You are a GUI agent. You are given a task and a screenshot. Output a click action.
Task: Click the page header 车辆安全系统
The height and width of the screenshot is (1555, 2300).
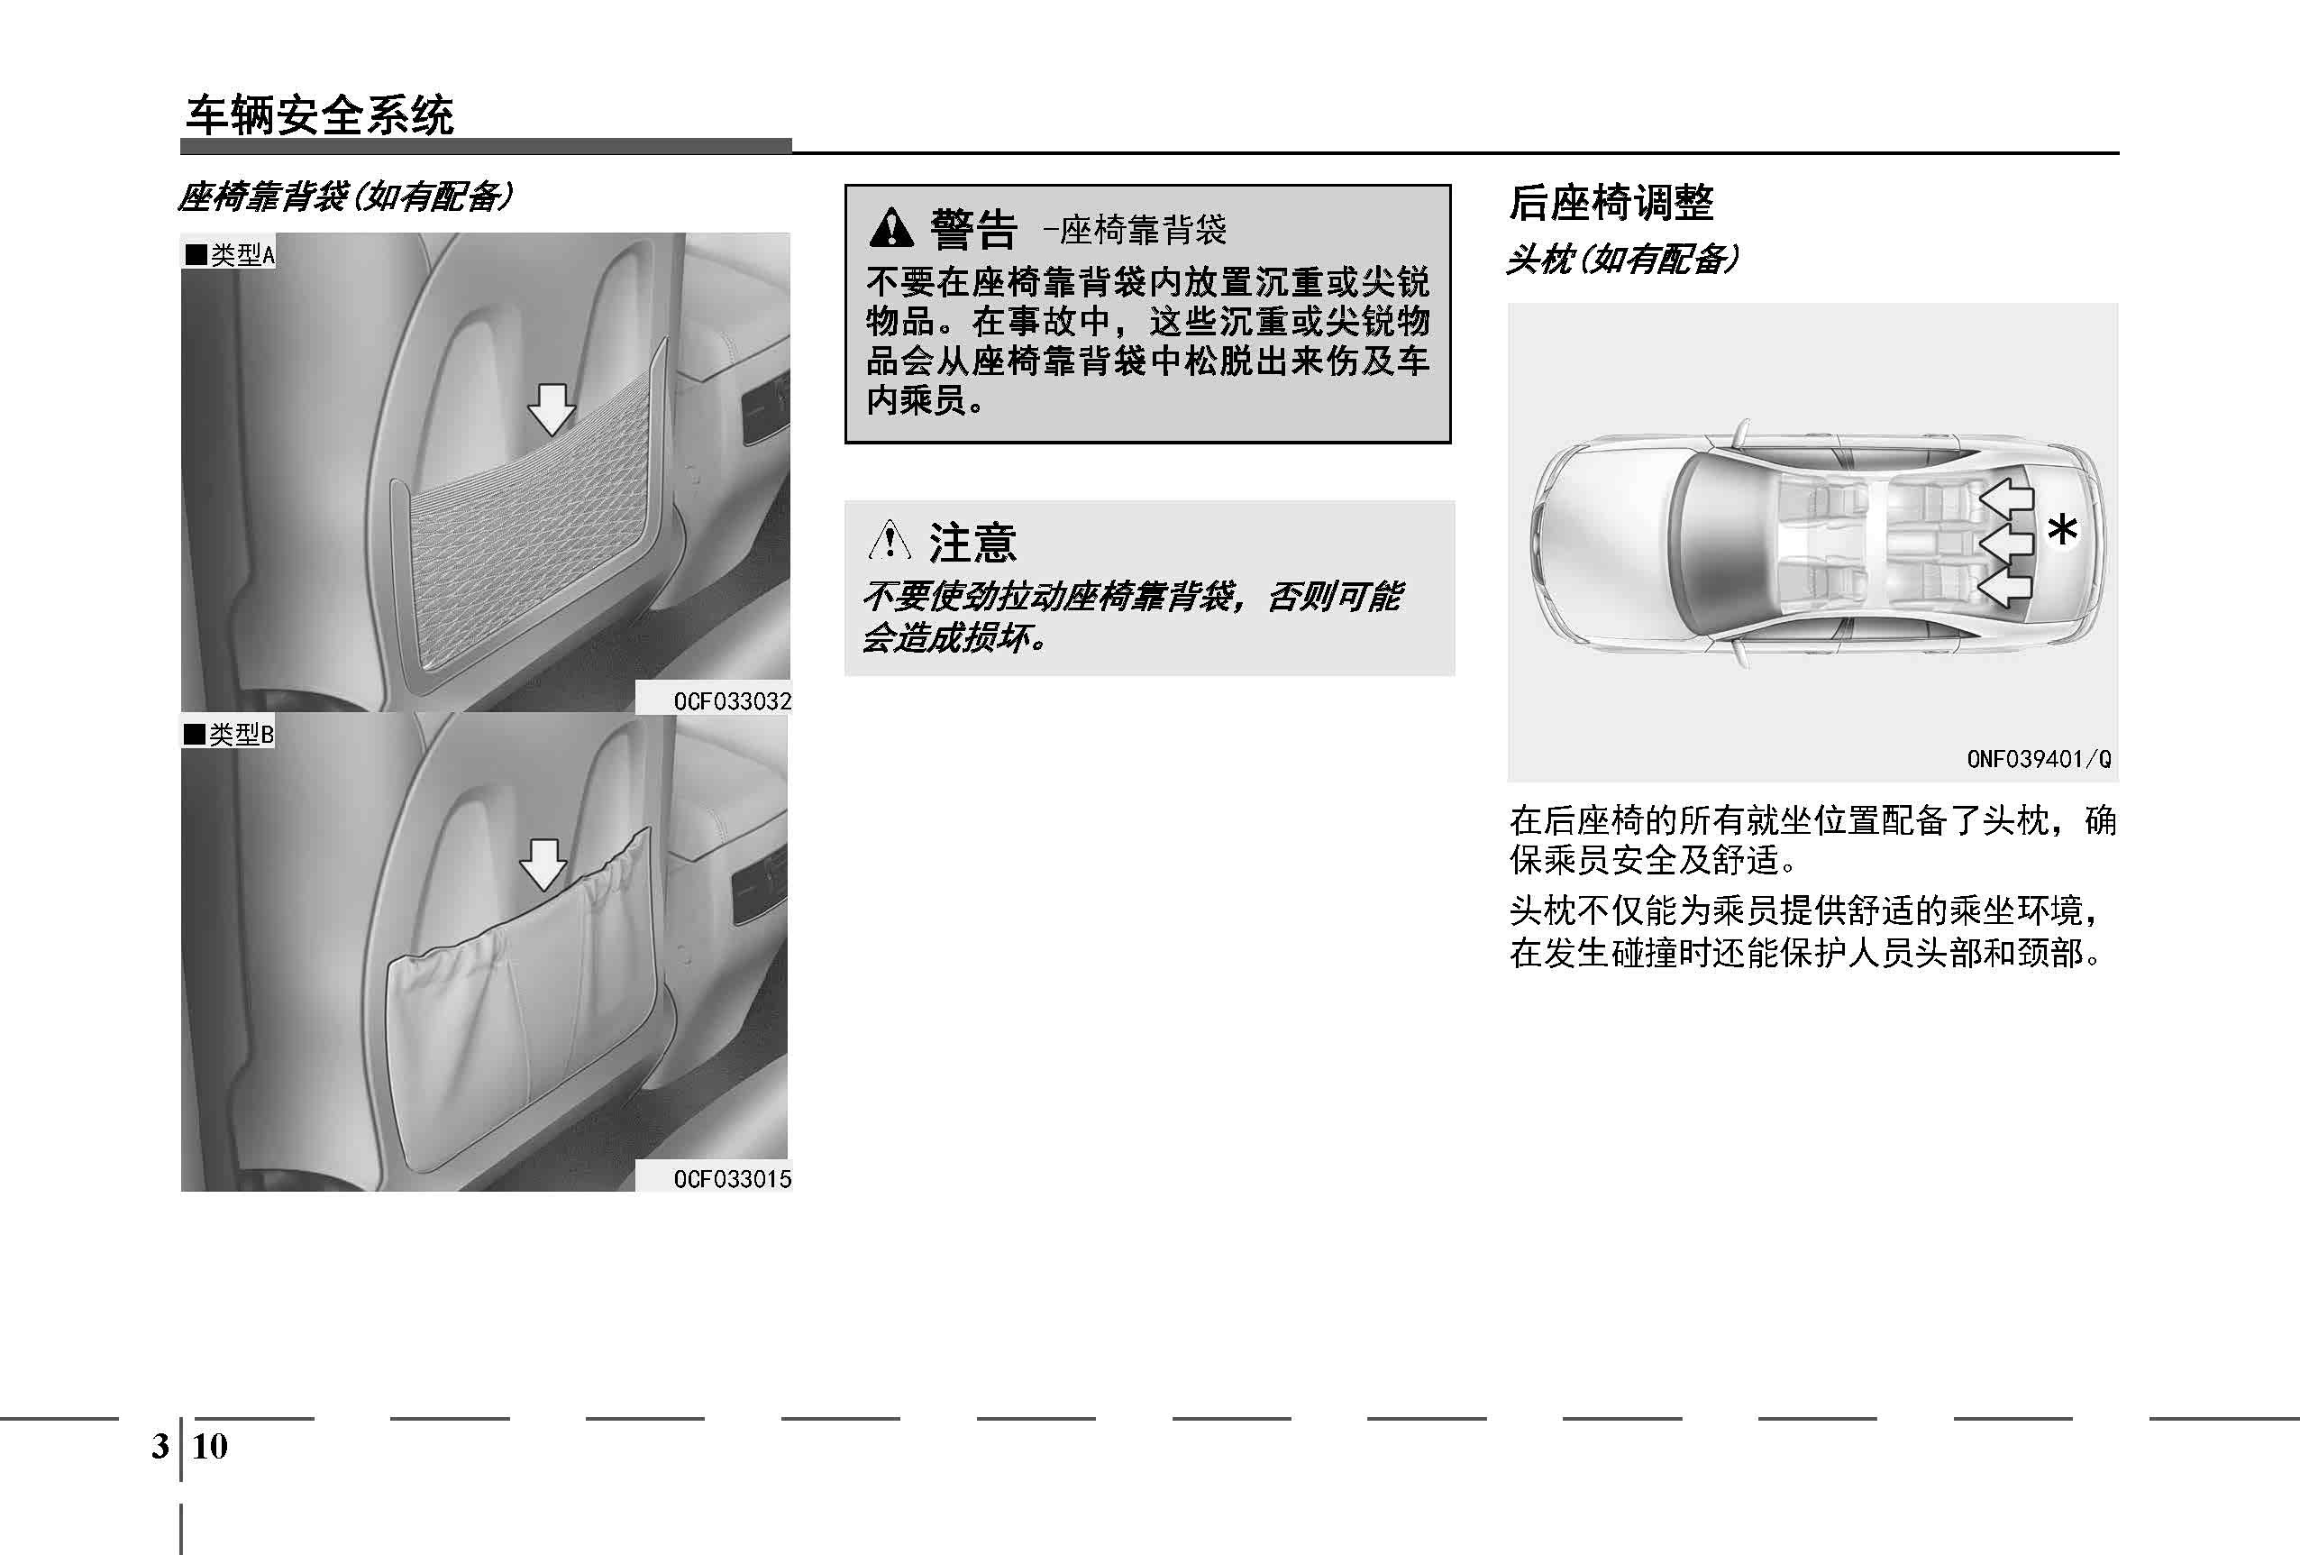click(320, 115)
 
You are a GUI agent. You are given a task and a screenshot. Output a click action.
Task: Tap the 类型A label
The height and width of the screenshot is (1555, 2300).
click(229, 254)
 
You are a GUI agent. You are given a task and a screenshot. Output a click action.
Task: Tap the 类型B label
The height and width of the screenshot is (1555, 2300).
click(229, 734)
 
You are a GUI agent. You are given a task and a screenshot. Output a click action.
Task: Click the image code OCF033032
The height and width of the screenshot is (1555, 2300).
click(733, 700)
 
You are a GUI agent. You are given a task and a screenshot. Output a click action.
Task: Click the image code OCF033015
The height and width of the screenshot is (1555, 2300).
click(733, 1179)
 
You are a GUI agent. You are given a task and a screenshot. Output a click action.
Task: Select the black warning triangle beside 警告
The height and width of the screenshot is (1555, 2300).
click(891, 228)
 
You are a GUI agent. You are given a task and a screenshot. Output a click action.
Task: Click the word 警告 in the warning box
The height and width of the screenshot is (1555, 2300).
click(972, 230)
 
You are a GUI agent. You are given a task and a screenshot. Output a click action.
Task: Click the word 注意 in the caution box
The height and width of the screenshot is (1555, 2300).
click(972, 543)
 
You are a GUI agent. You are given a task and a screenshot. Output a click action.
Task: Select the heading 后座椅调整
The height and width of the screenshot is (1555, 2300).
click(1611, 203)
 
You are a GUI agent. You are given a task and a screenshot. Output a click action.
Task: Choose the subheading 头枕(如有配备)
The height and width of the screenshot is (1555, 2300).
click(1622, 260)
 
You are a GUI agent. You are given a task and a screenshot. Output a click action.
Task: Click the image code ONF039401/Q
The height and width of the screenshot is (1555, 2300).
click(2039, 759)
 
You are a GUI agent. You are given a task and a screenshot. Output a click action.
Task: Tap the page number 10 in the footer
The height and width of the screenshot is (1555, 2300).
click(210, 1446)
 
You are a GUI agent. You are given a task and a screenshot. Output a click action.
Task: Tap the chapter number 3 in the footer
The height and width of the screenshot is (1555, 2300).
click(160, 1446)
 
